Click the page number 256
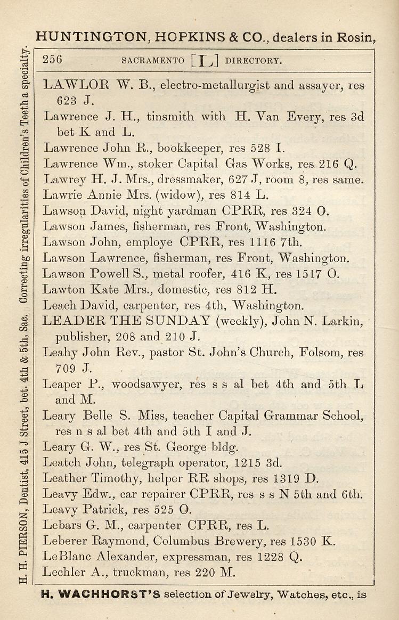[x=52, y=60]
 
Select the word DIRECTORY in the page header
[x=254, y=60]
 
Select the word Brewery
[x=238, y=541]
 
